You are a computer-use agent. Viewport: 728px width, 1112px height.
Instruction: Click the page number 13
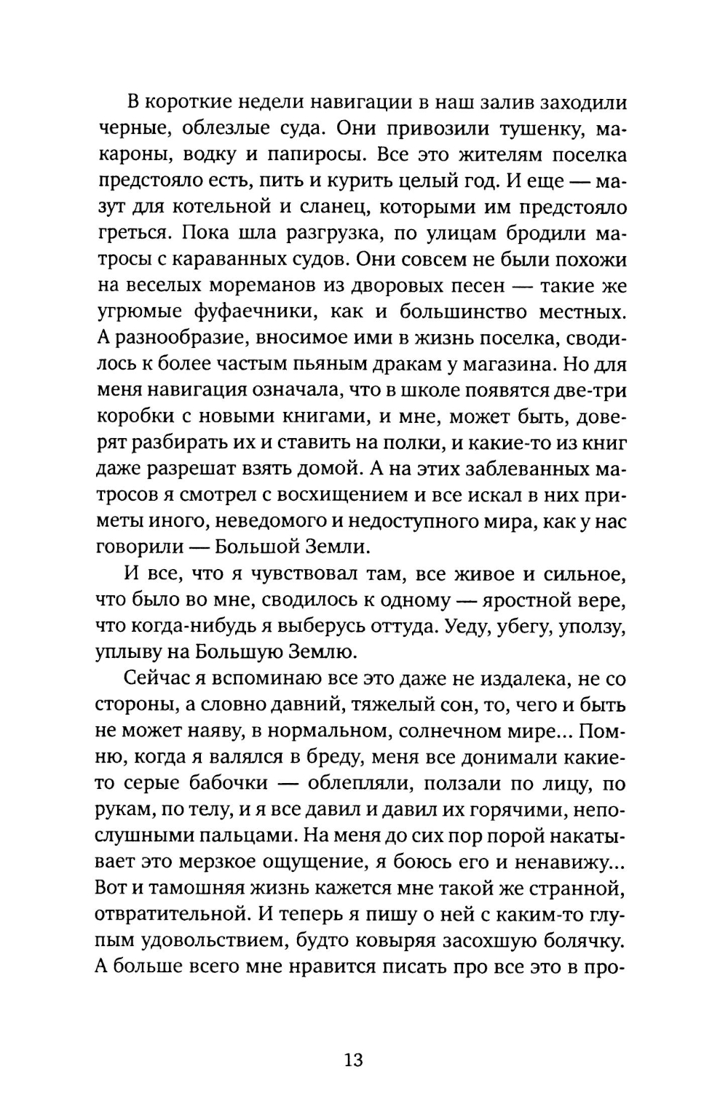(354, 1059)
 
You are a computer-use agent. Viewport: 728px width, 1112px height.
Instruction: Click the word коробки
(132, 418)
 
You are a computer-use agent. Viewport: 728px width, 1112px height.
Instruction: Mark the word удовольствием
(207, 942)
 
